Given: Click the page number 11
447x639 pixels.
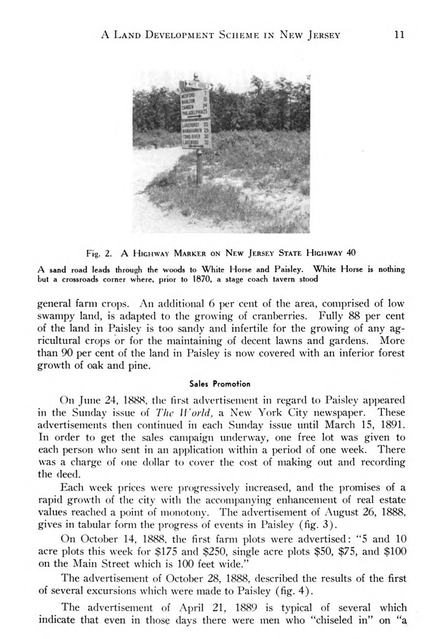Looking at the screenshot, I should coord(400,35).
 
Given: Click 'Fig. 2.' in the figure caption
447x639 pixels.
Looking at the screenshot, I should coord(98,253).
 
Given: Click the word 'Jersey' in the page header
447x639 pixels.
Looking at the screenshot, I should coord(319,35).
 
